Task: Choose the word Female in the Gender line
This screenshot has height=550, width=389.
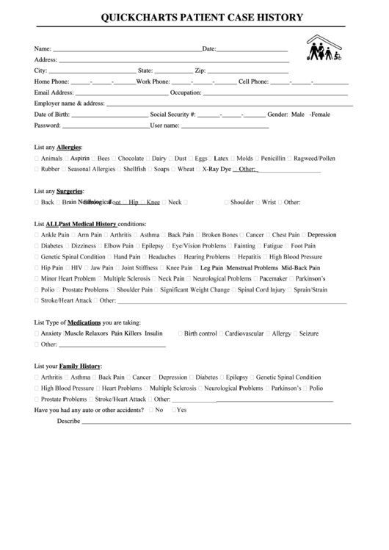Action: (x=321, y=115)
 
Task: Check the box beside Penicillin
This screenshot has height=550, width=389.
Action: (x=257, y=158)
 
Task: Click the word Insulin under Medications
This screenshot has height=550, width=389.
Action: (x=153, y=333)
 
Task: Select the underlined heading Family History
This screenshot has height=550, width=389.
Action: (x=80, y=366)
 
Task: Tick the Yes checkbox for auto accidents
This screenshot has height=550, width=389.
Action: (x=173, y=410)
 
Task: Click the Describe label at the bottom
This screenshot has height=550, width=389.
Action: (x=68, y=421)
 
